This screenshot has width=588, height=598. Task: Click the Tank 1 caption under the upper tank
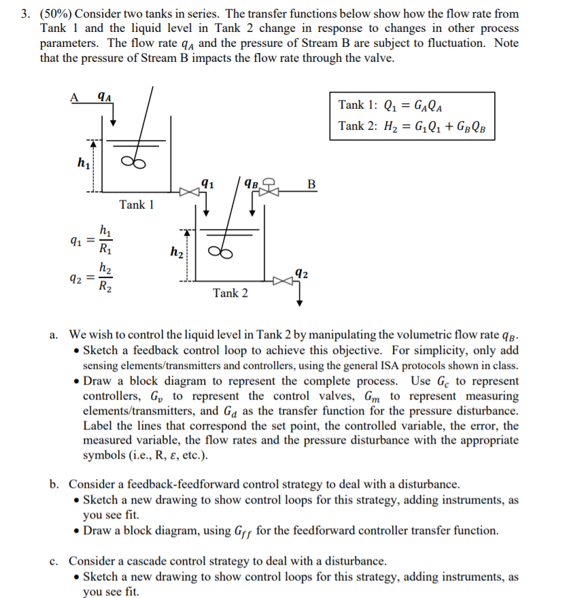[137, 205]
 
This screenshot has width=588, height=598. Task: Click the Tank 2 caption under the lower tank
[230, 293]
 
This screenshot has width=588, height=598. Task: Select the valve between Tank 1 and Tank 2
[187, 192]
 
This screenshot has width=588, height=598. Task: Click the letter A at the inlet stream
[75, 96]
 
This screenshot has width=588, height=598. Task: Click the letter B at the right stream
[311, 183]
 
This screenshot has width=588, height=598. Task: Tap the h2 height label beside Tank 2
[175, 253]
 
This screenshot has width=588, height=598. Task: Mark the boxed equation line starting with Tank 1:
[394, 105]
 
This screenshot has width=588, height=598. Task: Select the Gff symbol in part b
[243, 531]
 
